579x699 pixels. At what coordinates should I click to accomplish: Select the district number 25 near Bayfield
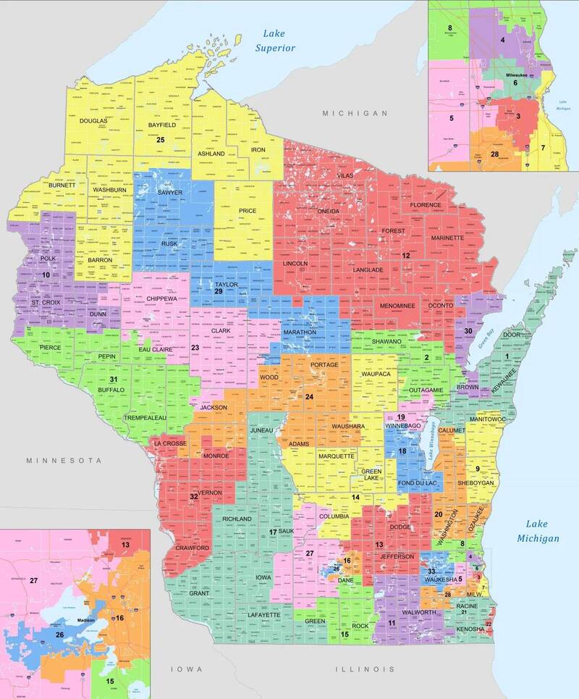tap(161, 140)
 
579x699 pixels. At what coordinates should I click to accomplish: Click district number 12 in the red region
tap(407, 256)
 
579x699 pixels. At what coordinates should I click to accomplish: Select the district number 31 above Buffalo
tap(113, 380)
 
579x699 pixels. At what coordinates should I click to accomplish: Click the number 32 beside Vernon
tap(193, 497)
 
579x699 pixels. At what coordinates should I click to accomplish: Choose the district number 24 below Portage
tap(309, 396)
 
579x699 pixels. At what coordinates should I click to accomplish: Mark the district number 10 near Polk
tap(46, 275)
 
